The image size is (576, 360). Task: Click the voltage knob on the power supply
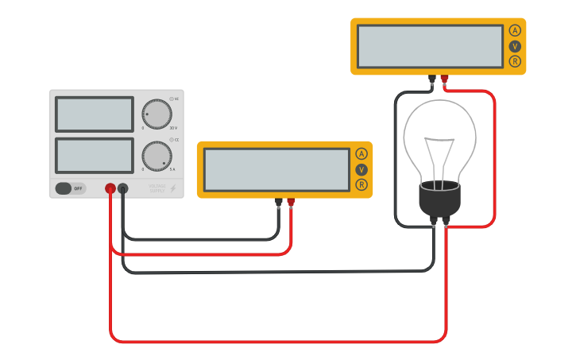pos(157,114)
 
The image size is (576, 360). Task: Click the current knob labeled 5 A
pos(157,156)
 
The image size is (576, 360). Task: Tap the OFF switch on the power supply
pos(70,188)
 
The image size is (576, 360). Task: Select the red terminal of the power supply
pos(110,188)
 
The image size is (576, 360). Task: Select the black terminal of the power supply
pos(123,188)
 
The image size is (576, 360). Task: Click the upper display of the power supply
pos(95,114)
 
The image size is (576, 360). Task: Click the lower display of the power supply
pos(95,155)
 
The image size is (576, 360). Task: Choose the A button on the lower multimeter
pos(361,154)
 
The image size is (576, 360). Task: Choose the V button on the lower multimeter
pos(361,169)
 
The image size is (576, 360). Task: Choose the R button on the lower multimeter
pos(361,184)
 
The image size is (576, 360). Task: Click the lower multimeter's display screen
pos(276,169)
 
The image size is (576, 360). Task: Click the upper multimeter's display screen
pos(430,46)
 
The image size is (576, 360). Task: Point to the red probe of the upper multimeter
pos(444,79)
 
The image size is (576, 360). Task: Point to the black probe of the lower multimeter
pos(278,203)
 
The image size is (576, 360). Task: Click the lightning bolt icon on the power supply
pos(173,189)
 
